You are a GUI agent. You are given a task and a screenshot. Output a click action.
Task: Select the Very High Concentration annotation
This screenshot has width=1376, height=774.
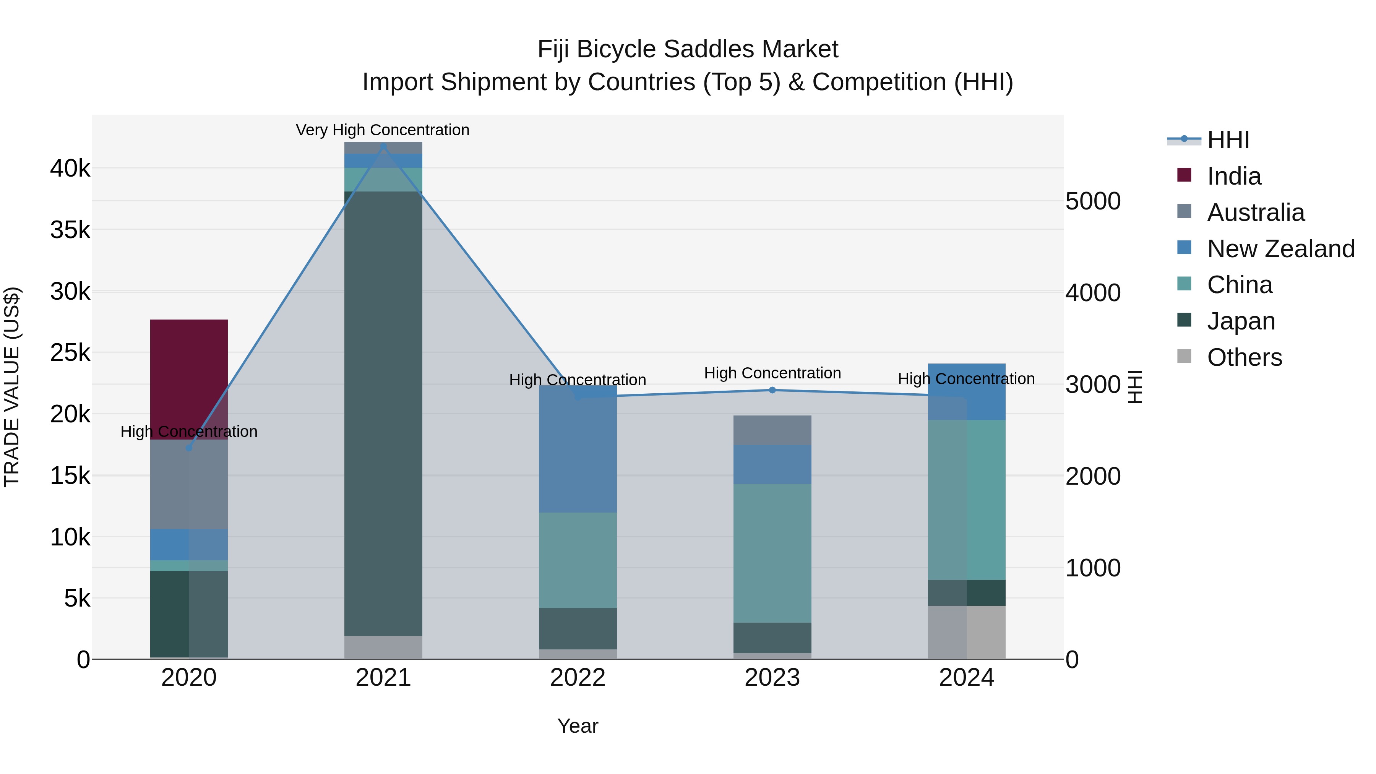pos(383,130)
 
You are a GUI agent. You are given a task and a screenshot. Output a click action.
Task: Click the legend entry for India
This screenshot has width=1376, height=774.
pos(1233,176)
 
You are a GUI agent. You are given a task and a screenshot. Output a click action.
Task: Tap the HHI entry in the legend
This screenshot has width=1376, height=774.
pos(1227,140)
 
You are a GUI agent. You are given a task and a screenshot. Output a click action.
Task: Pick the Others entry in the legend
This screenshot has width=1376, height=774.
pos(1244,357)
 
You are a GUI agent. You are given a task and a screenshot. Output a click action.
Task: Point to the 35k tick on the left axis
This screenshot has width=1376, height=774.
pos(70,230)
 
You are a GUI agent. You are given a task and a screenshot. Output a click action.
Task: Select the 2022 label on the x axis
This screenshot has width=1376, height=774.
pos(578,678)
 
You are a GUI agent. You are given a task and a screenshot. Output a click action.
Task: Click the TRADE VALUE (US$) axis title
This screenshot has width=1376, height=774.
pos(12,387)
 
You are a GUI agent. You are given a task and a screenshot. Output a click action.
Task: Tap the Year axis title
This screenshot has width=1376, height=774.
pos(578,726)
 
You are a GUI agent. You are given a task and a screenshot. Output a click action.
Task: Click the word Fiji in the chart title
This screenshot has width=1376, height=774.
pos(553,49)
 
